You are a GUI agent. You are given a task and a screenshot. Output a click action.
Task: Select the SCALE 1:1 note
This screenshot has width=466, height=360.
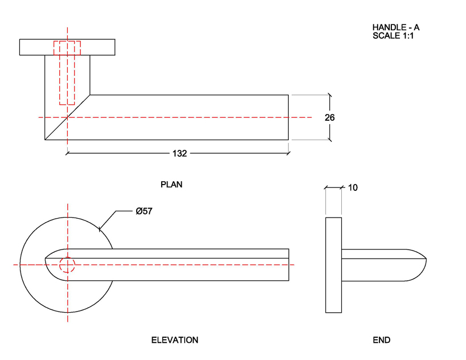393,35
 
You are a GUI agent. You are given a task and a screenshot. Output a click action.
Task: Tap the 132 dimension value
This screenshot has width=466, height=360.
180,153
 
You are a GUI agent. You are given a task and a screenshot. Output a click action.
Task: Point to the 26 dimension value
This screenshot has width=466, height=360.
329,118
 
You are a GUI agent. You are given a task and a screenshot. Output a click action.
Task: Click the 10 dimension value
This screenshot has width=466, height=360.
352,187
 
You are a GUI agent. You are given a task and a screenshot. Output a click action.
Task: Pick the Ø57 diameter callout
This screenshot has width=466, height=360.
144,211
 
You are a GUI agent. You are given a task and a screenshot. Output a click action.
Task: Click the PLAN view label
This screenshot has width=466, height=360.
171,185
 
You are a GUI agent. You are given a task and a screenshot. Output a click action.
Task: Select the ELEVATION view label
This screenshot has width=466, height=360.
174,340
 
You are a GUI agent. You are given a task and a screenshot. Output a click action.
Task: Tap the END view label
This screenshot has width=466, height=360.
381,340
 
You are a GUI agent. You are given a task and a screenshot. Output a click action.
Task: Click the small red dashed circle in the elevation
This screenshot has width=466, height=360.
67,265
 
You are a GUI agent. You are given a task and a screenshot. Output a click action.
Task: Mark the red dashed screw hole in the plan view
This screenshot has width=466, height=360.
67,72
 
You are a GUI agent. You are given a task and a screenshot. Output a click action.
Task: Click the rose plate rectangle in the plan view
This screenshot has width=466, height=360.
67,47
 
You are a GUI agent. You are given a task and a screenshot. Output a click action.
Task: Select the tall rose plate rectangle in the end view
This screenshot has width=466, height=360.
333,265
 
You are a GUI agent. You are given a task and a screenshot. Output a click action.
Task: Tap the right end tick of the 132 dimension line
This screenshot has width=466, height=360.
289,153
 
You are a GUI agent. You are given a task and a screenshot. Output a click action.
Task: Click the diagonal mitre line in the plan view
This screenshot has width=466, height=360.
67,117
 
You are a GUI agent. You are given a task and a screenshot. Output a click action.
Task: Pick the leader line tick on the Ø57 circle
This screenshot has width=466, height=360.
100,229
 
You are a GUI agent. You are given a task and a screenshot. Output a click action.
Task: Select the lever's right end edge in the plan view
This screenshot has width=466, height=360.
288,117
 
